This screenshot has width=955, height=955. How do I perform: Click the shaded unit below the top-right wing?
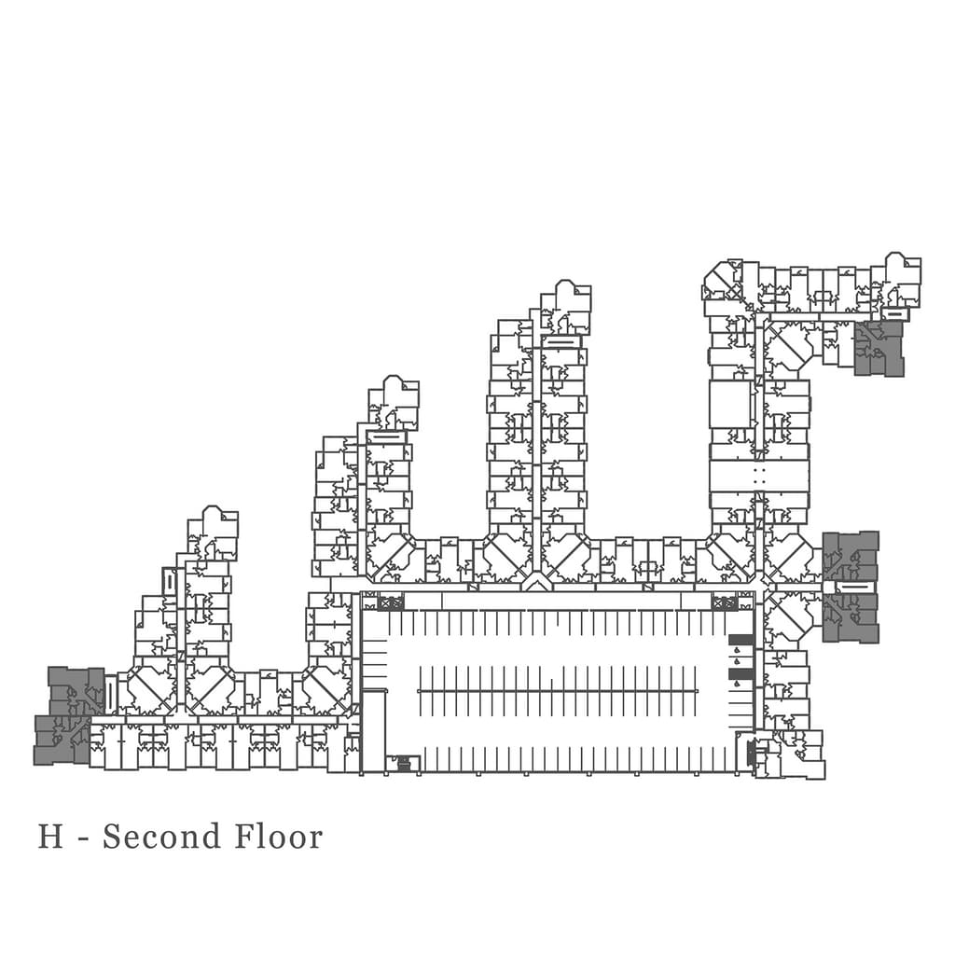click(879, 349)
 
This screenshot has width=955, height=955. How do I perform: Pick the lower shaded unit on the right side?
click(851, 617)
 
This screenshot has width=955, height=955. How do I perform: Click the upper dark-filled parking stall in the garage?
click(740, 640)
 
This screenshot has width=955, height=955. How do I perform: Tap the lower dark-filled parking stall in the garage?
click(740, 673)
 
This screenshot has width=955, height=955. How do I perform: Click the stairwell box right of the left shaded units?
click(111, 696)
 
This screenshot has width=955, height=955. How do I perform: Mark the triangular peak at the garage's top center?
click(535, 583)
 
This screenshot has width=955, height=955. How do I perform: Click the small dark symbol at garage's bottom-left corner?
click(404, 763)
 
